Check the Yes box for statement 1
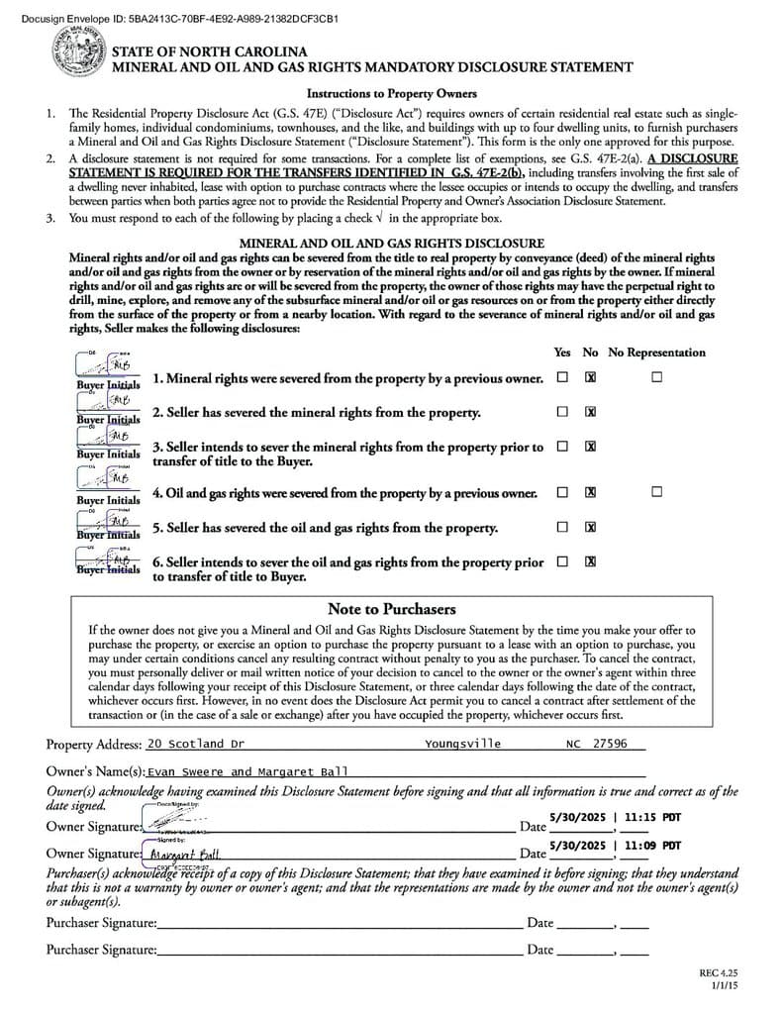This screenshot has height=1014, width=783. point(562,377)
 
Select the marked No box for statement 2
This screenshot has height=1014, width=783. point(590,412)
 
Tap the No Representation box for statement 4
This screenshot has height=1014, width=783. point(655,492)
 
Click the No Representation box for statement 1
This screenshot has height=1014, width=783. point(655,377)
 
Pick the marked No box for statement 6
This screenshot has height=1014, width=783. point(590,561)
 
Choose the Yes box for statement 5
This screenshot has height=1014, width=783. point(562,527)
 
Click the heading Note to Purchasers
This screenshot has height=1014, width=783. point(391,609)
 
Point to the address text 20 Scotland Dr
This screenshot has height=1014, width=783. point(195,744)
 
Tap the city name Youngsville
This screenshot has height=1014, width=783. point(462,744)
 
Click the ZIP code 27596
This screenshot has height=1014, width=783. point(609,744)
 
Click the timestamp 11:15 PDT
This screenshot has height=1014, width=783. point(653,818)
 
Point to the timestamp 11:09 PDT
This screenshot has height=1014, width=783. point(653,846)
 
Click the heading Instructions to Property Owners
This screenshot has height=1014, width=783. point(391,94)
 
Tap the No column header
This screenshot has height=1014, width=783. point(590,353)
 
